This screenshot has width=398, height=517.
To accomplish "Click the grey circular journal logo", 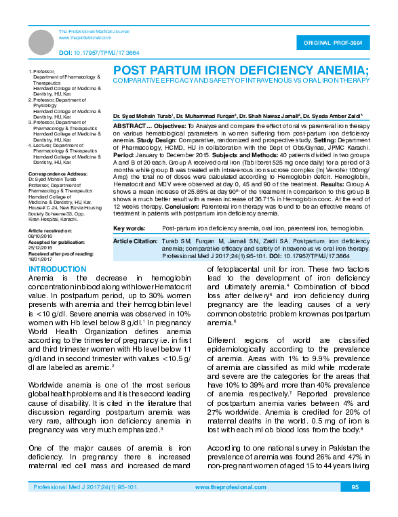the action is (x=41, y=42).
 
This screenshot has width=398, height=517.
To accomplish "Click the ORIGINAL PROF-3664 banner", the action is (x=336, y=42).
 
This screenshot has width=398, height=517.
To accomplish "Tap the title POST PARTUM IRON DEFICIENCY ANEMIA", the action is (x=240, y=70).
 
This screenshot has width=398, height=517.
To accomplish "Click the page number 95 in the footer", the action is (x=355, y=506).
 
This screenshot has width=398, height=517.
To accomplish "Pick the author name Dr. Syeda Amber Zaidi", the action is (x=332, y=117).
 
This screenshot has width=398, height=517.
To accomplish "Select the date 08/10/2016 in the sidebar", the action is (x=41, y=235).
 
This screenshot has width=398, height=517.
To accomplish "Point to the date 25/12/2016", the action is (x=41, y=247).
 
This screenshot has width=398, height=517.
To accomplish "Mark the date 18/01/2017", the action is (x=41, y=259).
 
